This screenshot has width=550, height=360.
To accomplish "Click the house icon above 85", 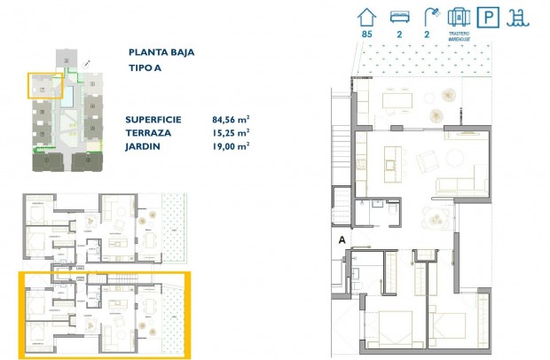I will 365,16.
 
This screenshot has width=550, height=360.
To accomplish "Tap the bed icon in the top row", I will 399,16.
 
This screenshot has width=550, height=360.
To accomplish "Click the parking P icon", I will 487,16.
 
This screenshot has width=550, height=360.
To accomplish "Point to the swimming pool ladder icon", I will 515,16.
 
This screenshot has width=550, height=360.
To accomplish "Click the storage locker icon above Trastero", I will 459,16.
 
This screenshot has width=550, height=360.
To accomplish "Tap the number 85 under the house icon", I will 365,35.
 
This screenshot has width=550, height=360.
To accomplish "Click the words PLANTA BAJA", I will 161,52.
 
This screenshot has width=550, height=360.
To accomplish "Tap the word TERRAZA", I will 150,133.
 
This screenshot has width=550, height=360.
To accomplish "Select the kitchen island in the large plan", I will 388,162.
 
